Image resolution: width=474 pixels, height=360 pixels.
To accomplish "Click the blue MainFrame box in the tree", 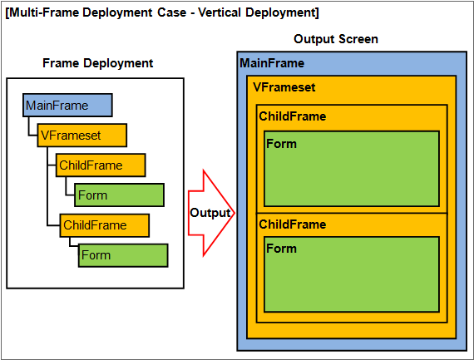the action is (x=67, y=106).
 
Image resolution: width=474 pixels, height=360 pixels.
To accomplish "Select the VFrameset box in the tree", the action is (x=82, y=136).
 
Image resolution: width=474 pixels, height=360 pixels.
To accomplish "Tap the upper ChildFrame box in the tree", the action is (x=101, y=165).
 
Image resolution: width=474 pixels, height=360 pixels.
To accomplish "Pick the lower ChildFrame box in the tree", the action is (x=105, y=225).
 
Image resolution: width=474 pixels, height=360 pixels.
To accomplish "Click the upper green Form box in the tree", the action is (x=120, y=195).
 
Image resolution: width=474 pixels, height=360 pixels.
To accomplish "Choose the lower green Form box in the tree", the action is (x=123, y=255).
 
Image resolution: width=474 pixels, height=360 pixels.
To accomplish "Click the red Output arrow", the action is (x=211, y=213).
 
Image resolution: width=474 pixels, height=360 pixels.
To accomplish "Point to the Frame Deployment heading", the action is (x=97, y=63).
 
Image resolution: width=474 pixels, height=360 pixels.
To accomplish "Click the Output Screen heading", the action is (x=336, y=39).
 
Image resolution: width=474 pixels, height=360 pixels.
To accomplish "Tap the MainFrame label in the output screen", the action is (x=272, y=63).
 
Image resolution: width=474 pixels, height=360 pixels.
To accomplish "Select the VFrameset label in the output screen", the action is (x=284, y=87).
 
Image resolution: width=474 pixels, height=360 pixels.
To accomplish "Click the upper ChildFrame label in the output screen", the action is (x=293, y=116).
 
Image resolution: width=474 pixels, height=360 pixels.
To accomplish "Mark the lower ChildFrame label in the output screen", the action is (x=293, y=224).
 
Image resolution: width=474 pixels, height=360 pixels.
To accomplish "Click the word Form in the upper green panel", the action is (x=281, y=144).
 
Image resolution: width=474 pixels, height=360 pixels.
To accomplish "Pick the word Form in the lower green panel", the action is (x=281, y=249).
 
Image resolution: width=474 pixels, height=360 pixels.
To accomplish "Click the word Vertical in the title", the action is (x=220, y=12).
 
